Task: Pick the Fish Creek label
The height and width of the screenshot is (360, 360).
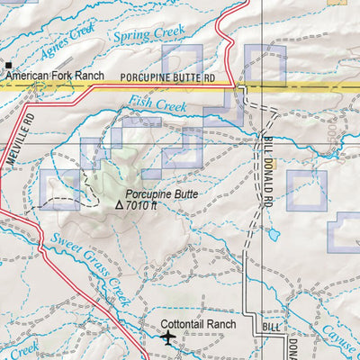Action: click(155, 105)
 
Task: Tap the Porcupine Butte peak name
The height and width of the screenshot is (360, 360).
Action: click(161, 193)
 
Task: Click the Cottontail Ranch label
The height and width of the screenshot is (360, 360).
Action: click(197, 324)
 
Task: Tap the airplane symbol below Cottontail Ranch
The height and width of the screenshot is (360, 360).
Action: click(168, 338)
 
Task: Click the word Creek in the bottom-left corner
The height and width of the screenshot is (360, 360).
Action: click(20, 349)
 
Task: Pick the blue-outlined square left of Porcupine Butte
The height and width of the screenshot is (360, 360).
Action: click(60, 189)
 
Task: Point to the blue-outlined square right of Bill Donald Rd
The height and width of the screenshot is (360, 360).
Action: click(306, 190)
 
